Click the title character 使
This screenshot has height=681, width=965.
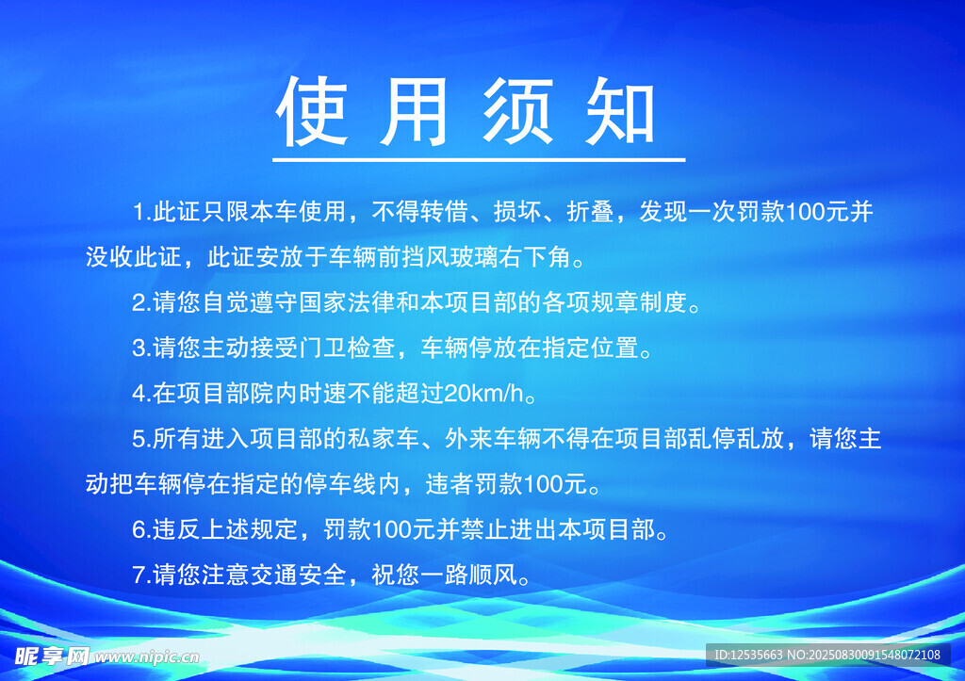pos(312,111)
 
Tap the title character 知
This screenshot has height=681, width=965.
pos(620,111)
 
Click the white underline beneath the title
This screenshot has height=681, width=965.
pos(479,159)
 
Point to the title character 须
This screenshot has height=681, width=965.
pos(517,111)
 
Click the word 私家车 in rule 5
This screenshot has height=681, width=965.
pos(384,439)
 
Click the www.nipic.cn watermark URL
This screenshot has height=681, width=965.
pos(147,657)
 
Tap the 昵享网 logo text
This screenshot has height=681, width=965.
pos(52,657)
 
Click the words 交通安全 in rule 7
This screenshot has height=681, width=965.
pos(299,575)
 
